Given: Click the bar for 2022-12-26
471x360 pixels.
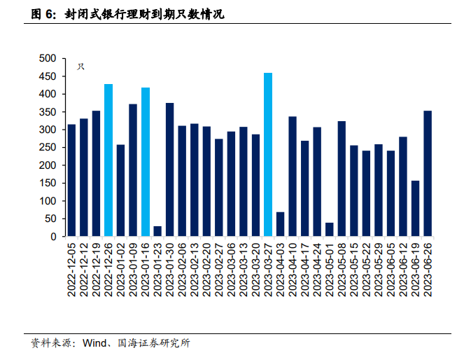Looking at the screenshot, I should point(108,160).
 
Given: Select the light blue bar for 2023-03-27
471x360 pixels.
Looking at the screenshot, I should point(268,155).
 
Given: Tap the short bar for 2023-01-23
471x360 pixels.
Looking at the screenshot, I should point(157,232).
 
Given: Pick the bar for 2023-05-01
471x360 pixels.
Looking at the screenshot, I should point(329,230).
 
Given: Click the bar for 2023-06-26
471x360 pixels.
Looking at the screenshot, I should point(428,174).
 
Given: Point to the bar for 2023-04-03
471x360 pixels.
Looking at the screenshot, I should point(280,224).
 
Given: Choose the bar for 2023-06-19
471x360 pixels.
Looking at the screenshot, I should point(415,209).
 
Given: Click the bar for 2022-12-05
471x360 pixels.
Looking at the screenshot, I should point(71,181).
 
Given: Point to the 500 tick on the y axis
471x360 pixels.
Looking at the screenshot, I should point(48,58).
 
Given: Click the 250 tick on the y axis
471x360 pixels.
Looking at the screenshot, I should point(48,148).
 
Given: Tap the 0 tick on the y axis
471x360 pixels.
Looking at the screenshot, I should point(53,237).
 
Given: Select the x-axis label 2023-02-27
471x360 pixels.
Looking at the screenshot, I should point(219,270).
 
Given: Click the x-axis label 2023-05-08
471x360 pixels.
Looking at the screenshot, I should point(342,270).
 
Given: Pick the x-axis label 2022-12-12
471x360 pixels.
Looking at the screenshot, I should point(84,270).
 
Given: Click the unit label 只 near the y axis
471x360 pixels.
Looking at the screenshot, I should point(81,67).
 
